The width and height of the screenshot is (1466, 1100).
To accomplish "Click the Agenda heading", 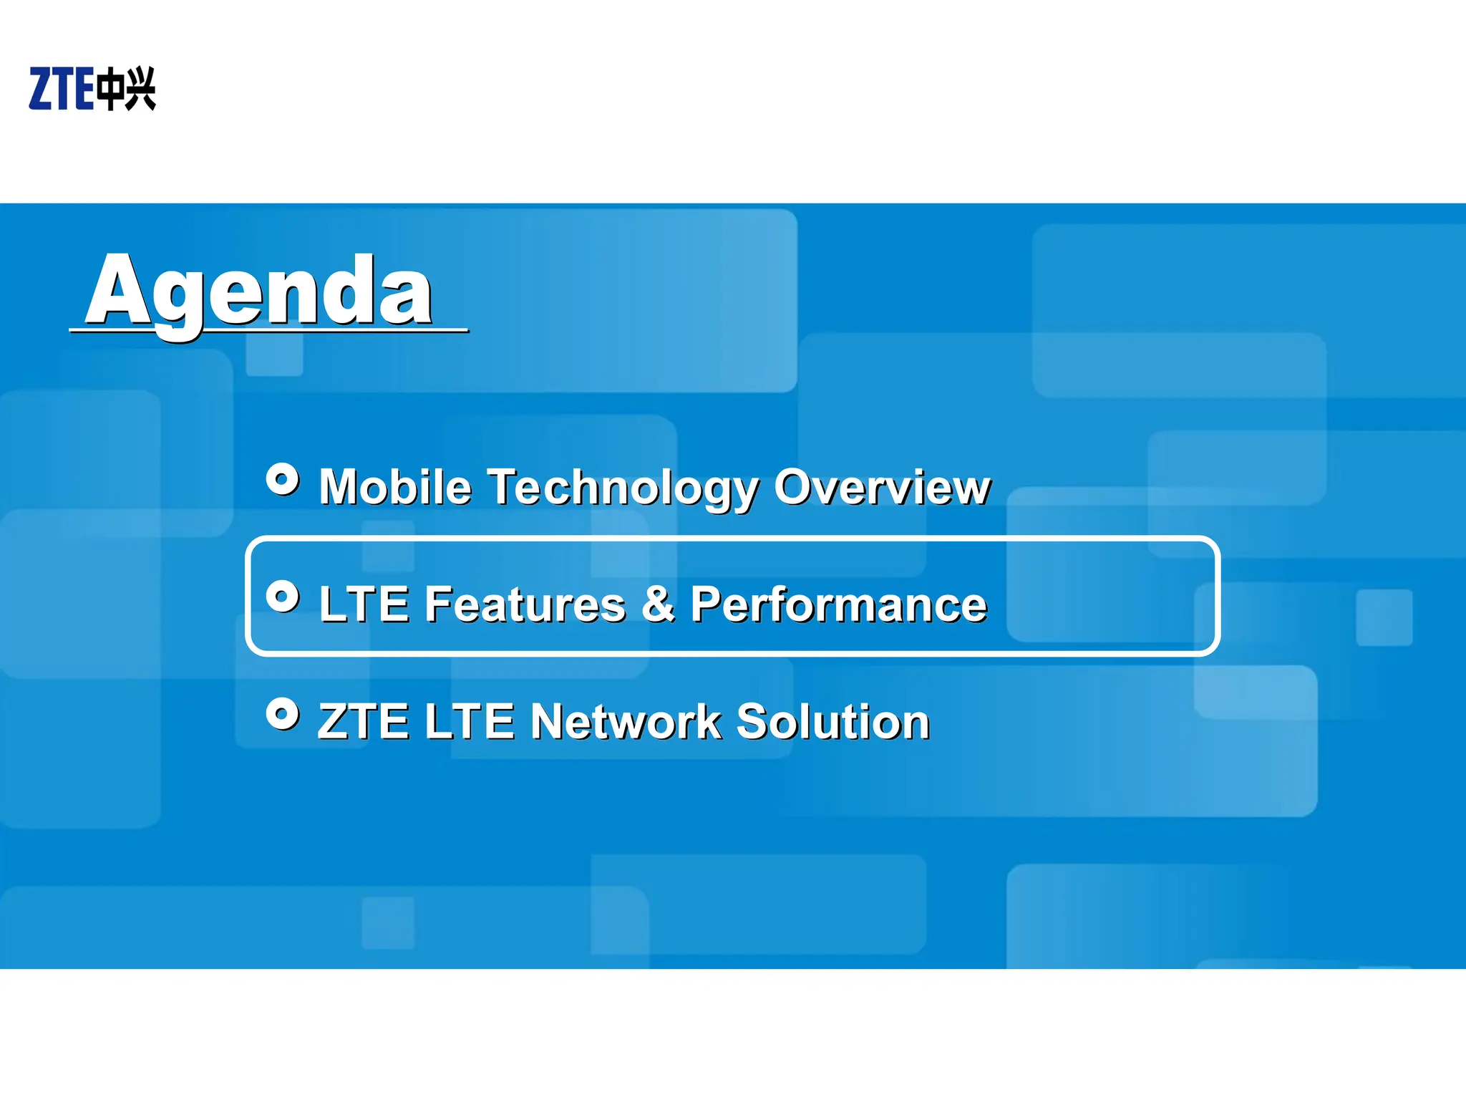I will click(x=259, y=292).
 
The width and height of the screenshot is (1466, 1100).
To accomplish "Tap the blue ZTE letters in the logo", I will click(x=62, y=89).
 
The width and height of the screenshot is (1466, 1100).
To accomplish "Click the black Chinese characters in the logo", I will click(x=126, y=89).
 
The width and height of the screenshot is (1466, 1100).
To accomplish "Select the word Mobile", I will click(x=395, y=488).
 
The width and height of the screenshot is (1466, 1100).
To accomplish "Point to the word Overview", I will click(x=882, y=488).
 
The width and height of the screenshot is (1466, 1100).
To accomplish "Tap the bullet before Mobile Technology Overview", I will click(x=283, y=479).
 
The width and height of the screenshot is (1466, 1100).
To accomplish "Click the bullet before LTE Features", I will click(x=283, y=596).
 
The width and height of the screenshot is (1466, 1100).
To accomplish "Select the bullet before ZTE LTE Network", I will click(x=283, y=713).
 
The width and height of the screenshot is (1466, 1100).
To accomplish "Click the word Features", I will click(x=525, y=604).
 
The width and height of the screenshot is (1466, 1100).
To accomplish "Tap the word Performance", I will click(x=838, y=605).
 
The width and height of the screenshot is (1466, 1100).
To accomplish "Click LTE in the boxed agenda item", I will click(x=364, y=604).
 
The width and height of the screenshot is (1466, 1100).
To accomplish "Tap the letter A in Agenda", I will click(x=117, y=289).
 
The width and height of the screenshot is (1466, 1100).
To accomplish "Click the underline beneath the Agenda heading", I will click(x=268, y=331).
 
